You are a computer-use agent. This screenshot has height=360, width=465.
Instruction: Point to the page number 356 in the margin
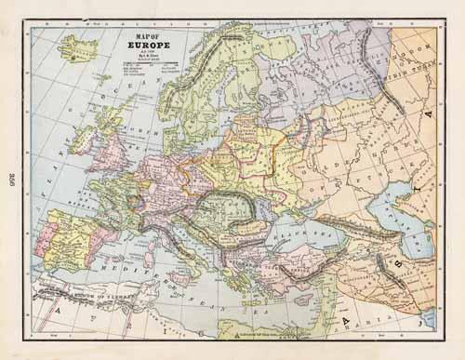point(10,180)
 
